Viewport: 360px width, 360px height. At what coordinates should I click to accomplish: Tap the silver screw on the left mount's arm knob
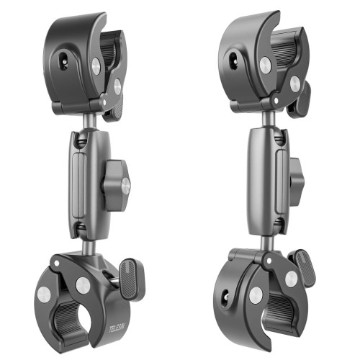[x=126, y=185]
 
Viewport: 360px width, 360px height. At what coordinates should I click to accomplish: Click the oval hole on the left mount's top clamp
[x=63, y=62]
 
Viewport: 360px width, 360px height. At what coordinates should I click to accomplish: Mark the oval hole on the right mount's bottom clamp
[x=225, y=298]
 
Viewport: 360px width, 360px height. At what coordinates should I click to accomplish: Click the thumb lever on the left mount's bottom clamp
[x=132, y=279]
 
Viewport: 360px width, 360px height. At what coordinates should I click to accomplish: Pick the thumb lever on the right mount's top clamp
[x=300, y=99]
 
